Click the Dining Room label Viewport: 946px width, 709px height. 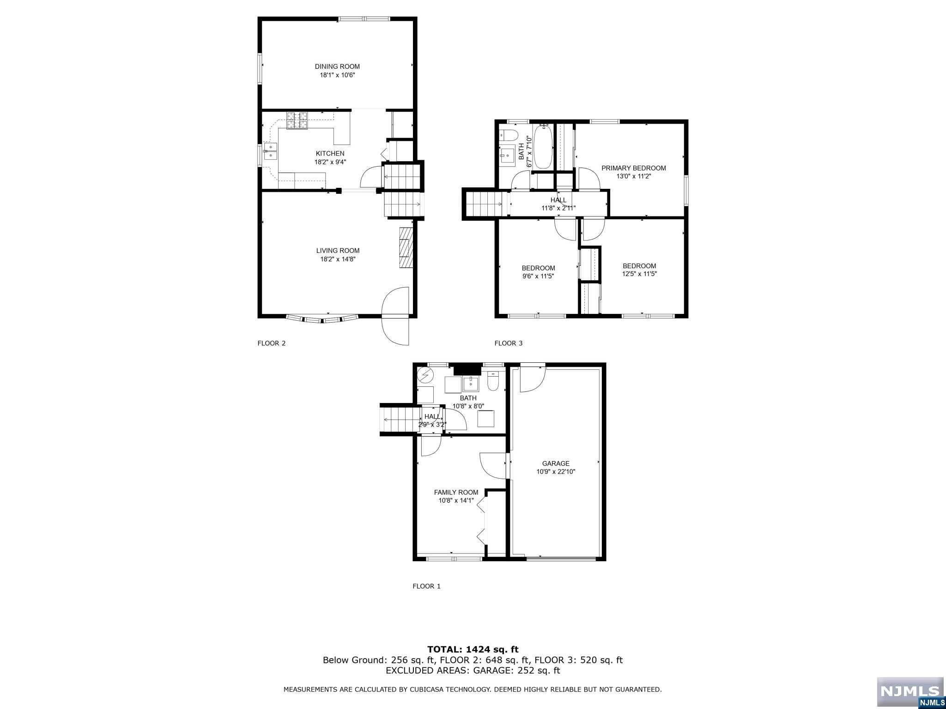tap(337, 66)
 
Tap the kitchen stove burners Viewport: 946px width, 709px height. tap(297, 120)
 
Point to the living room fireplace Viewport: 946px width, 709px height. tap(405, 247)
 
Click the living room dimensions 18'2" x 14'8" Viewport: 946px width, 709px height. tap(338, 259)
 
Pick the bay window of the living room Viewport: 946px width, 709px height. tap(322, 318)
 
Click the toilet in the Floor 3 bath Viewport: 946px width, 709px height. tap(508, 135)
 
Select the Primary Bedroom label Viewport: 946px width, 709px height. tap(633, 168)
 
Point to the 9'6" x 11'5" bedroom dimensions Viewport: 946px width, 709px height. tap(538, 276)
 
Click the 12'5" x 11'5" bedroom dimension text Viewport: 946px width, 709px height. tap(639, 274)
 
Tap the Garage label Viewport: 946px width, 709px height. tap(556, 463)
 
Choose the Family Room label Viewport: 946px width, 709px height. tap(456, 492)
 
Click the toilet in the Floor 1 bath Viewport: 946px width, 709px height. tap(493, 382)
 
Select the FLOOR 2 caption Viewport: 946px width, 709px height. tap(272, 343)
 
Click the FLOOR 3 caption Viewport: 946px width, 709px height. tap(509, 343)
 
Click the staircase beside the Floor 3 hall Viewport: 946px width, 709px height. tap(485, 204)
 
